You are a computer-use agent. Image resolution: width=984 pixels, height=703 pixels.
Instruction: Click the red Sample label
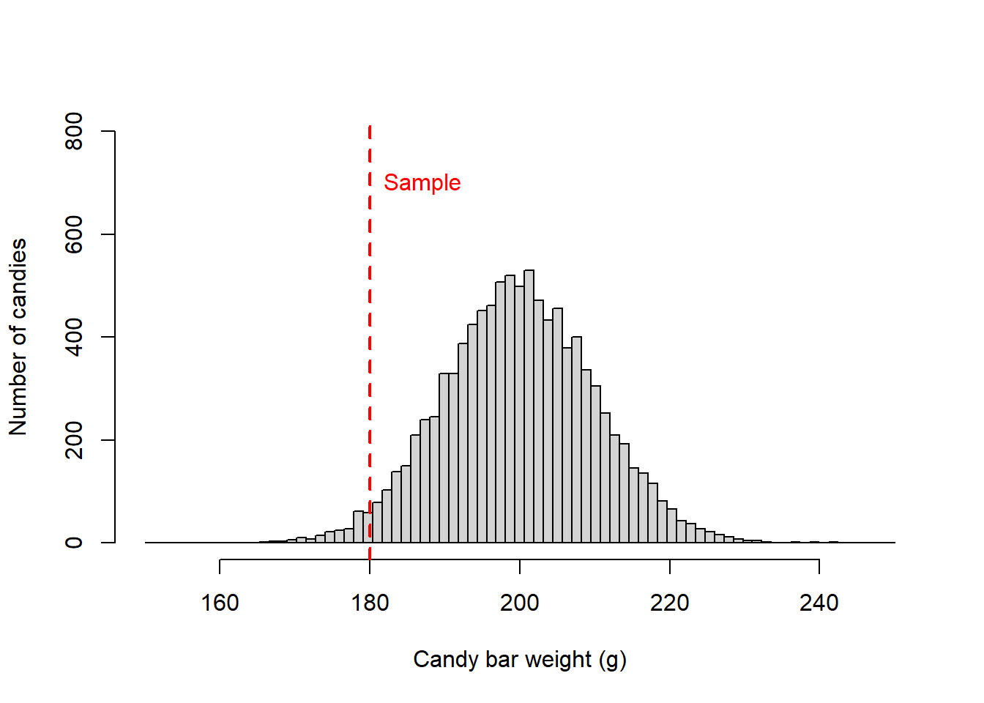tap(422, 182)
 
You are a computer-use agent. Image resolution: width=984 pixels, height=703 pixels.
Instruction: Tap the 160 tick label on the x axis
tap(220, 603)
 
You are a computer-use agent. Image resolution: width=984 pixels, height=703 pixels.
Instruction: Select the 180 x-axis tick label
tap(370, 603)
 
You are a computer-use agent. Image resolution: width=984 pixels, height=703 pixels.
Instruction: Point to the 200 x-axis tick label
tap(520, 603)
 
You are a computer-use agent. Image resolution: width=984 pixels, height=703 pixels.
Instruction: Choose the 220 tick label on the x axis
tap(669, 603)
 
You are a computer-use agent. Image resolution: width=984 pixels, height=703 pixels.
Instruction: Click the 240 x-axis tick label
tap(819, 603)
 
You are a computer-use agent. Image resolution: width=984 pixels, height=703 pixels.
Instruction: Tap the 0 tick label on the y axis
tap(74, 543)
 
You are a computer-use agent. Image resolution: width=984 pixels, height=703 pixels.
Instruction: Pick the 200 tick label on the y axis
tap(74, 440)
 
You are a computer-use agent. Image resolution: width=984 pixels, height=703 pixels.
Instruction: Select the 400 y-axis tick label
tap(74, 337)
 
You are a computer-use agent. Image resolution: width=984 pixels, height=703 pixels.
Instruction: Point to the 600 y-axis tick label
tap(74, 234)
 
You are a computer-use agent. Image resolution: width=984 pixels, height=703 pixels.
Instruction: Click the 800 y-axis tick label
tap(74, 131)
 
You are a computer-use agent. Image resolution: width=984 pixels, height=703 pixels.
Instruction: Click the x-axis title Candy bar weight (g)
tap(520, 660)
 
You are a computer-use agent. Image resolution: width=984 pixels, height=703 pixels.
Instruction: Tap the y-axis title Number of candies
tap(18, 337)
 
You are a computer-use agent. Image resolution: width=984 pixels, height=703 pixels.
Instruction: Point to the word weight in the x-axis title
tap(558, 660)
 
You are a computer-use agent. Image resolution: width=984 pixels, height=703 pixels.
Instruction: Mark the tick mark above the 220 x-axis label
tap(669, 566)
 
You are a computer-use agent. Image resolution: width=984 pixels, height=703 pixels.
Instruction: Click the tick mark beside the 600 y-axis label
tap(108, 234)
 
